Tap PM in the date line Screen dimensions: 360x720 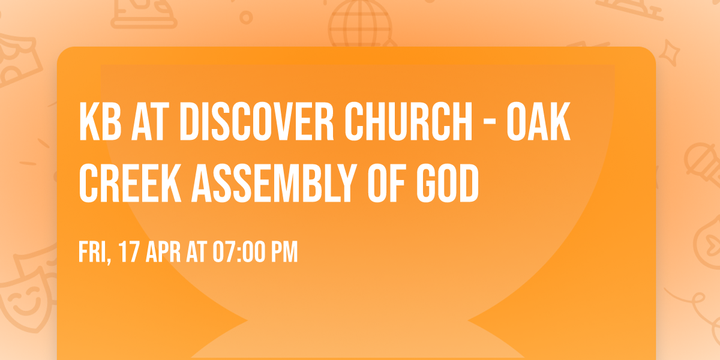tap(284, 253)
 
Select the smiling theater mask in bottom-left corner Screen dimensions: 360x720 tap(24, 300)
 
